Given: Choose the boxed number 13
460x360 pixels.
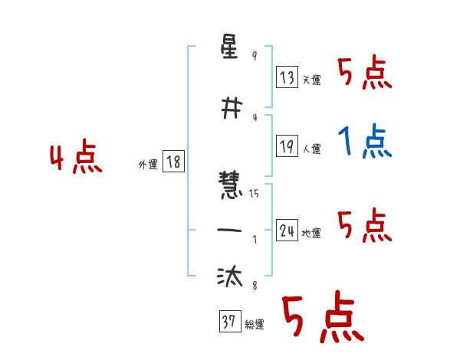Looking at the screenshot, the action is (x=287, y=77).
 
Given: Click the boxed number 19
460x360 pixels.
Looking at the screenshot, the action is (x=287, y=147).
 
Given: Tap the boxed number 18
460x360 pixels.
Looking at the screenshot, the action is (x=172, y=162).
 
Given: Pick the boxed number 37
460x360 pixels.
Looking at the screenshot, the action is (x=228, y=322).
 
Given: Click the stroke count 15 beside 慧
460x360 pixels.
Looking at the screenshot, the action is (x=254, y=193).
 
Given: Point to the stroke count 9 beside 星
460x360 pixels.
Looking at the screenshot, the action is (x=255, y=57).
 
